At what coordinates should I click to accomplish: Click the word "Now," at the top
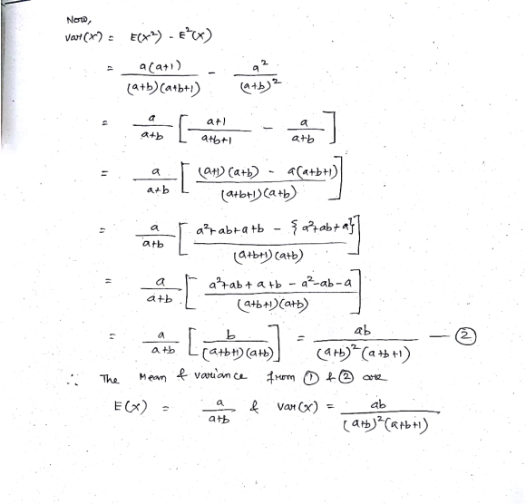[x=79, y=20]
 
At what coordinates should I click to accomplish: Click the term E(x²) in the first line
[x=146, y=36]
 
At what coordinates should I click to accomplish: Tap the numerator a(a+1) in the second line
[x=160, y=66]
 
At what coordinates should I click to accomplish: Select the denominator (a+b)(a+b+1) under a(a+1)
[x=163, y=88]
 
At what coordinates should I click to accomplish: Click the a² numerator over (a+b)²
[x=260, y=67]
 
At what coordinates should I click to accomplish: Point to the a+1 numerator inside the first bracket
[x=217, y=121]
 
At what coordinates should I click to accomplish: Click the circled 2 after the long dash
[x=465, y=336]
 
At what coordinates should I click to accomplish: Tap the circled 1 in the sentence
[x=311, y=379]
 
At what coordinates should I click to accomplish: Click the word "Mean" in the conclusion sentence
[x=152, y=378]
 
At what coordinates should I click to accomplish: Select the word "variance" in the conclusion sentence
[x=220, y=375]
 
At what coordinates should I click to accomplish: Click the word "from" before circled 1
[x=280, y=377]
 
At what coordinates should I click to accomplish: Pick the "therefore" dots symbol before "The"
[x=73, y=380]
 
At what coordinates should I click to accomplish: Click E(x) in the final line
[x=131, y=407]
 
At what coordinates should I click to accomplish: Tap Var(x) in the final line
[x=297, y=407]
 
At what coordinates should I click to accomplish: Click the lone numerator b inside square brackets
[x=230, y=334]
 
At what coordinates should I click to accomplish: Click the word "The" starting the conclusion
[x=109, y=379]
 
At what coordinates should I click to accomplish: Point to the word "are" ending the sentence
[x=375, y=378]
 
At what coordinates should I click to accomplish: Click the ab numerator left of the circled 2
[x=363, y=331]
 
